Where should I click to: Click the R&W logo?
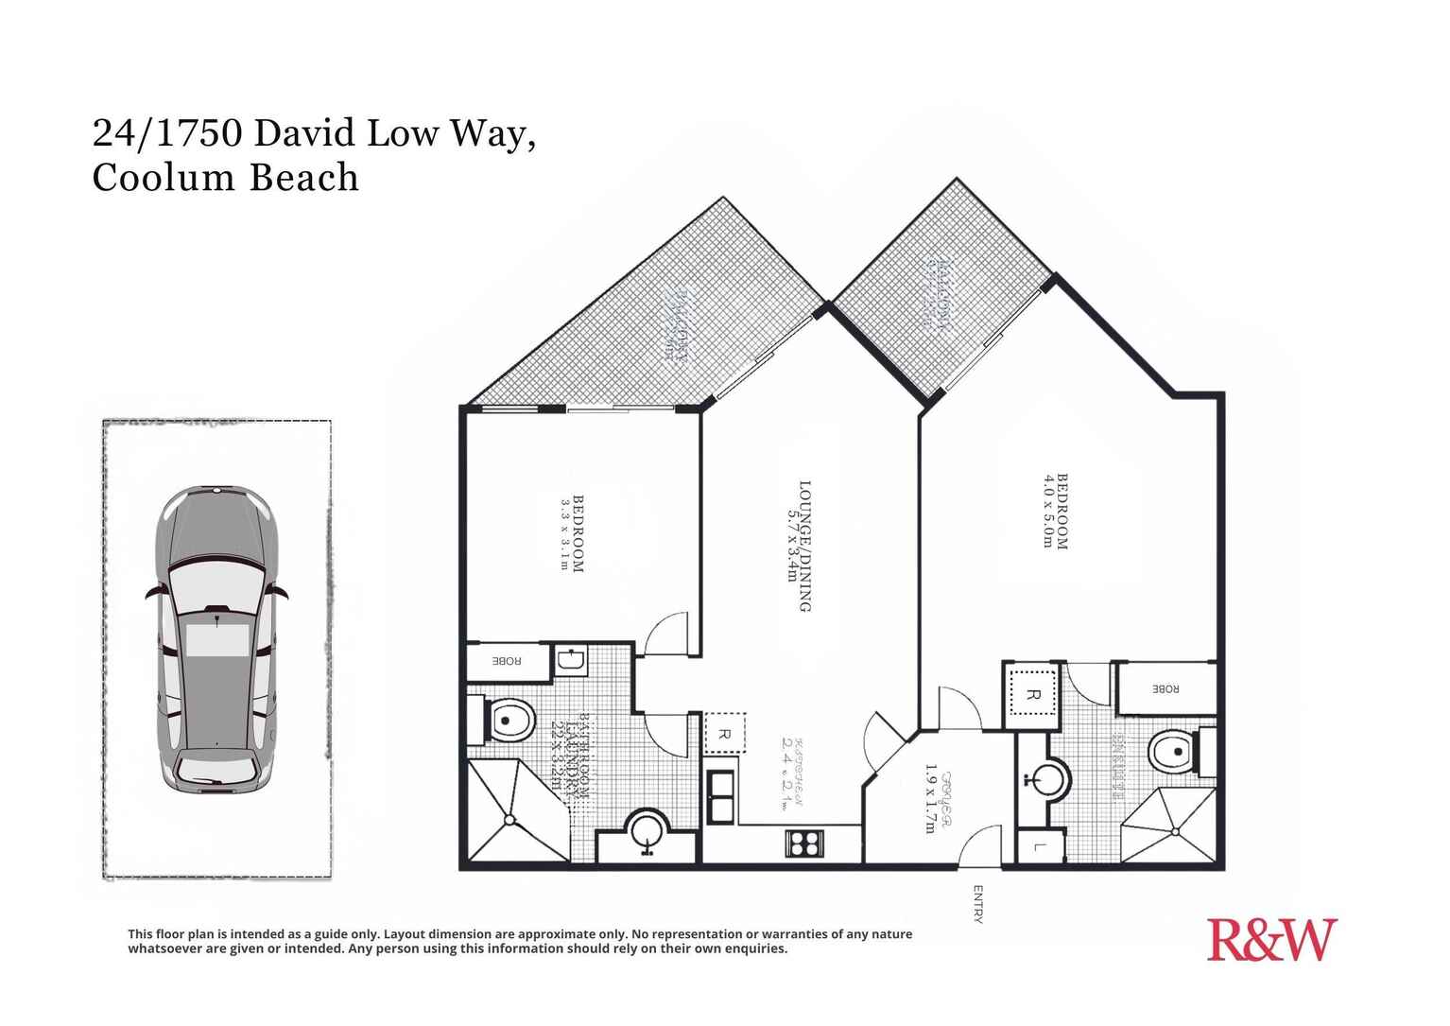[1271, 940]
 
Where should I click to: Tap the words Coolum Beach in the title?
[225, 178]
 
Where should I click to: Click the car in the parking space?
[217, 640]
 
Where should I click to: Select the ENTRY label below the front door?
[977, 903]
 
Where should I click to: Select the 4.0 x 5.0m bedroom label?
[1055, 511]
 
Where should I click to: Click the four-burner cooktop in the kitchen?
[804, 843]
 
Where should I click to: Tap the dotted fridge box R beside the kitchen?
[725, 733]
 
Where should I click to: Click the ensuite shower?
[1172, 826]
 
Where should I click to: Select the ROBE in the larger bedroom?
[1165, 689]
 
